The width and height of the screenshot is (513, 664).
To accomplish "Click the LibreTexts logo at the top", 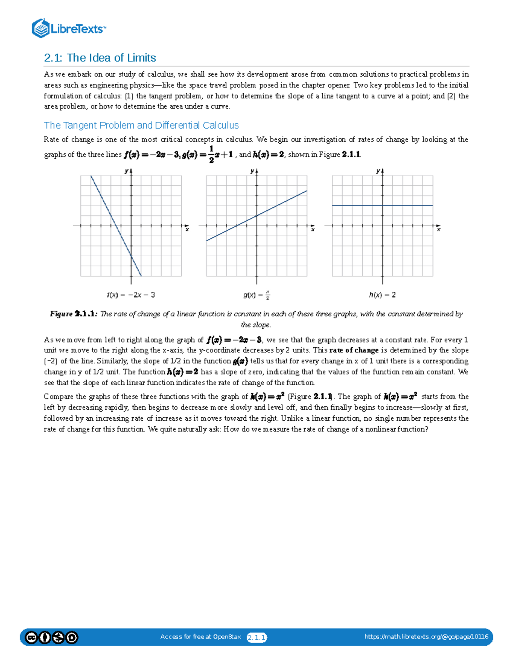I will point(68,28).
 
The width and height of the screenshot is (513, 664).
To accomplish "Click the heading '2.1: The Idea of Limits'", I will point(100,58).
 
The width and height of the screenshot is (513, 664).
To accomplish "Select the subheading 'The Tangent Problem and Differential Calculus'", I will point(141,125).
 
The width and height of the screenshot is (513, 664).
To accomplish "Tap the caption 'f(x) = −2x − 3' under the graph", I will point(131,295).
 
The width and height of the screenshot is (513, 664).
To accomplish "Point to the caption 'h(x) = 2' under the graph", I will point(382,295).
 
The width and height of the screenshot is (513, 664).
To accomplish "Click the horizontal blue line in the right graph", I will point(406,206).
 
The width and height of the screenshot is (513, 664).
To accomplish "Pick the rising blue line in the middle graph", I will point(278,205).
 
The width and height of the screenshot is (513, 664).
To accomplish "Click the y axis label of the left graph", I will point(127,171).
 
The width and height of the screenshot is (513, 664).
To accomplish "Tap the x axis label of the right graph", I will point(439,230).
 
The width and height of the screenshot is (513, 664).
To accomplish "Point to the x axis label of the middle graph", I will point(313,230).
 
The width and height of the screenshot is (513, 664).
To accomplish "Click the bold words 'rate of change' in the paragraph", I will point(354,350).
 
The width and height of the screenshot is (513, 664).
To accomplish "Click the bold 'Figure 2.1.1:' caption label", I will point(74,314).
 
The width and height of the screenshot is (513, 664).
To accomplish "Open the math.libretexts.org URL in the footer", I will point(426,637).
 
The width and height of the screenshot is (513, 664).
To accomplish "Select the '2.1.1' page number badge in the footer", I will point(256,637).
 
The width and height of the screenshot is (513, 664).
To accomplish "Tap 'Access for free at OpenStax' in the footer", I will point(200,637).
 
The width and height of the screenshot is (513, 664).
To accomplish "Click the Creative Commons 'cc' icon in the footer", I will point(31,637).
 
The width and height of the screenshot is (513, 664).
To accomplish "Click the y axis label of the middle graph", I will point(252,171).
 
